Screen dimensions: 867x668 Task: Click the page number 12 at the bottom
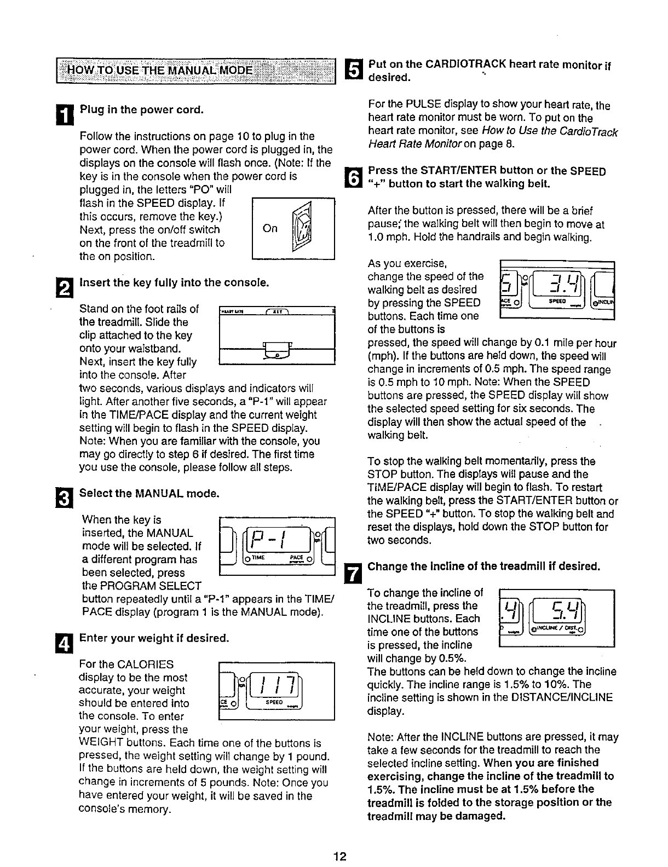click(341, 856)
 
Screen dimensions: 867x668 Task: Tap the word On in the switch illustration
click(270, 228)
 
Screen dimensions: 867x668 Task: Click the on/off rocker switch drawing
click(301, 229)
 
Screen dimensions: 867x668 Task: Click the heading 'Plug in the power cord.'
click(142, 109)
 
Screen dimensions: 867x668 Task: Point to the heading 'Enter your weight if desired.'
click(153, 638)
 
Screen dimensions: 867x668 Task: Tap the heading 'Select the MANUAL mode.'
click(149, 493)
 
